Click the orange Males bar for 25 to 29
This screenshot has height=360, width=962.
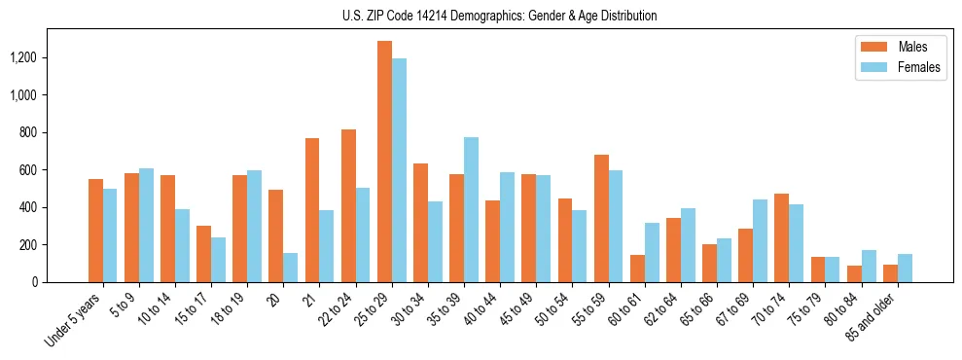(x=384, y=162)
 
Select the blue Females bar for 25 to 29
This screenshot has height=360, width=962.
(x=399, y=170)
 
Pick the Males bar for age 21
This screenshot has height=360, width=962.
(x=312, y=210)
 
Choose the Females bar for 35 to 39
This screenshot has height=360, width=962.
(x=471, y=209)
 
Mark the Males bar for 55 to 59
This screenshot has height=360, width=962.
(x=601, y=218)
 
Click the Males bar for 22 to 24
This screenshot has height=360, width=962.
(x=348, y=205)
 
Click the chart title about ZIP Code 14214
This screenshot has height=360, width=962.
(x=499, y=16)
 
